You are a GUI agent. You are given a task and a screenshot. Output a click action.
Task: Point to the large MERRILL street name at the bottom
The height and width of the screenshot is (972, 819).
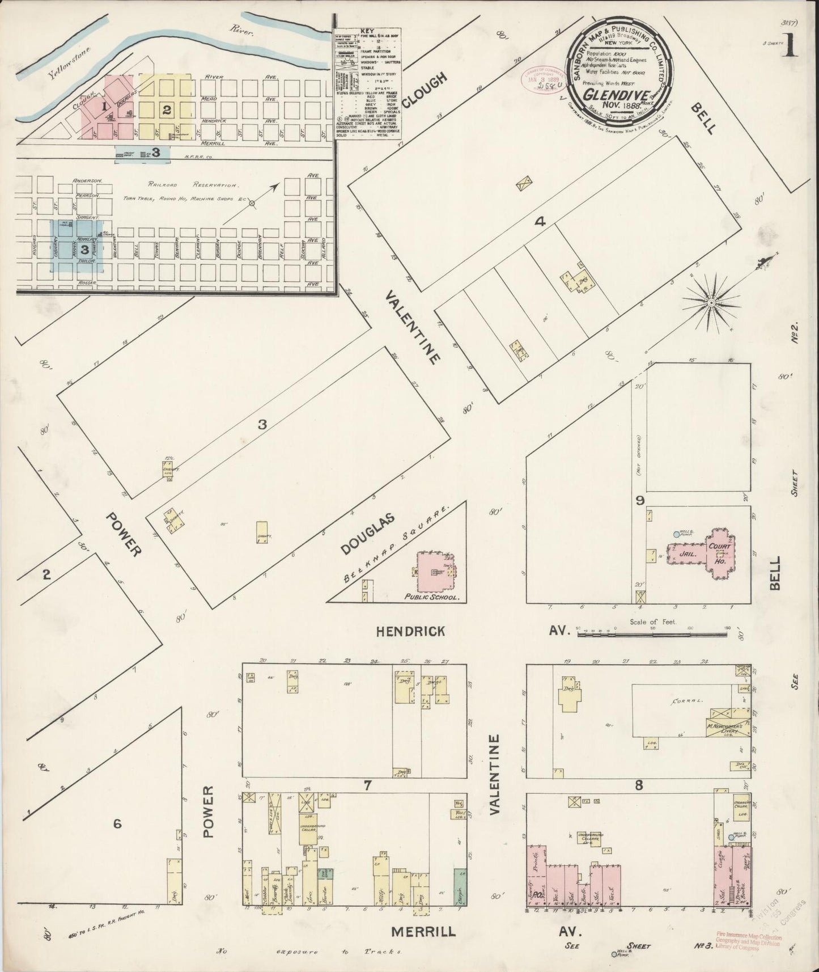pos(423,931)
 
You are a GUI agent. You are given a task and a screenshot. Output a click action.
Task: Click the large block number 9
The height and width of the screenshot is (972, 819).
pos(640,500)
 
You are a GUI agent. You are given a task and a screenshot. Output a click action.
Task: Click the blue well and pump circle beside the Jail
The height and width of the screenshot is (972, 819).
pos(676,534)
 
